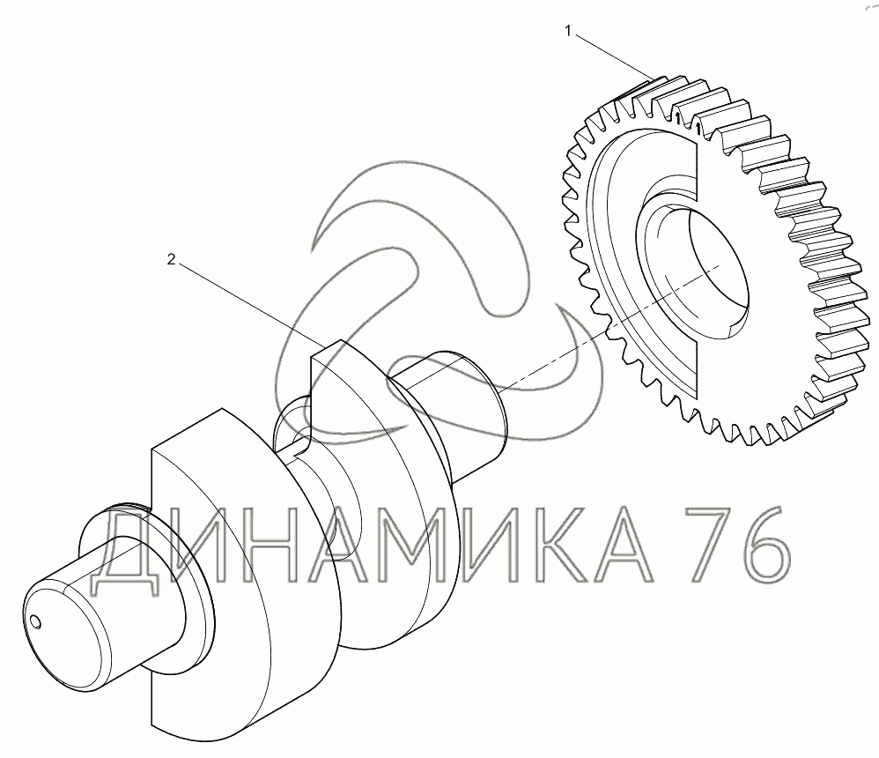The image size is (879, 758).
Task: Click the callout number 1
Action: (568, 32)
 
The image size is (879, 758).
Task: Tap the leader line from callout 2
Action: (250, 303)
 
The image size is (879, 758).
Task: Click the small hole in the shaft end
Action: (36, 621)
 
